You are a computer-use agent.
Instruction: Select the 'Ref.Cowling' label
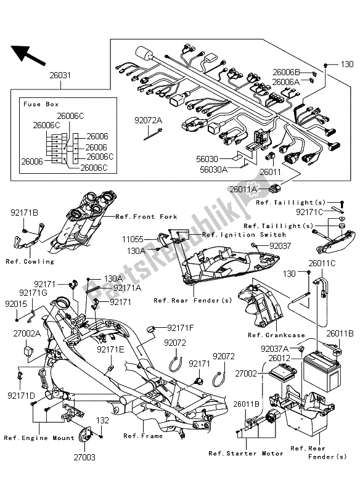point(30,261)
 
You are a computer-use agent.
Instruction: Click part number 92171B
point(24,213)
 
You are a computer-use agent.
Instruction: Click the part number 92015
point(16,304)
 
